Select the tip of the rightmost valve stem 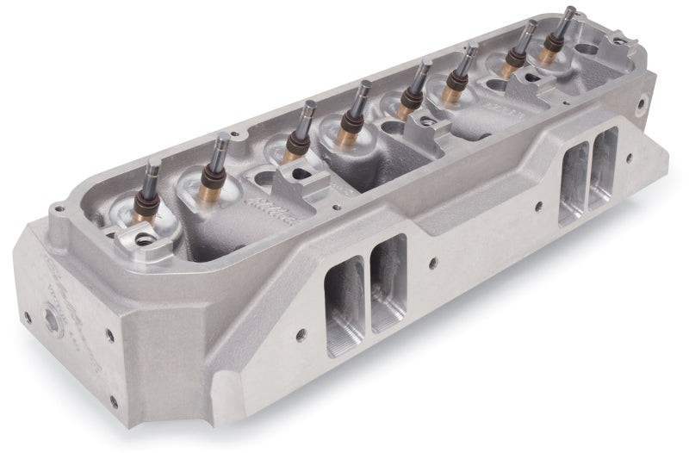[x=569, y=11]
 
